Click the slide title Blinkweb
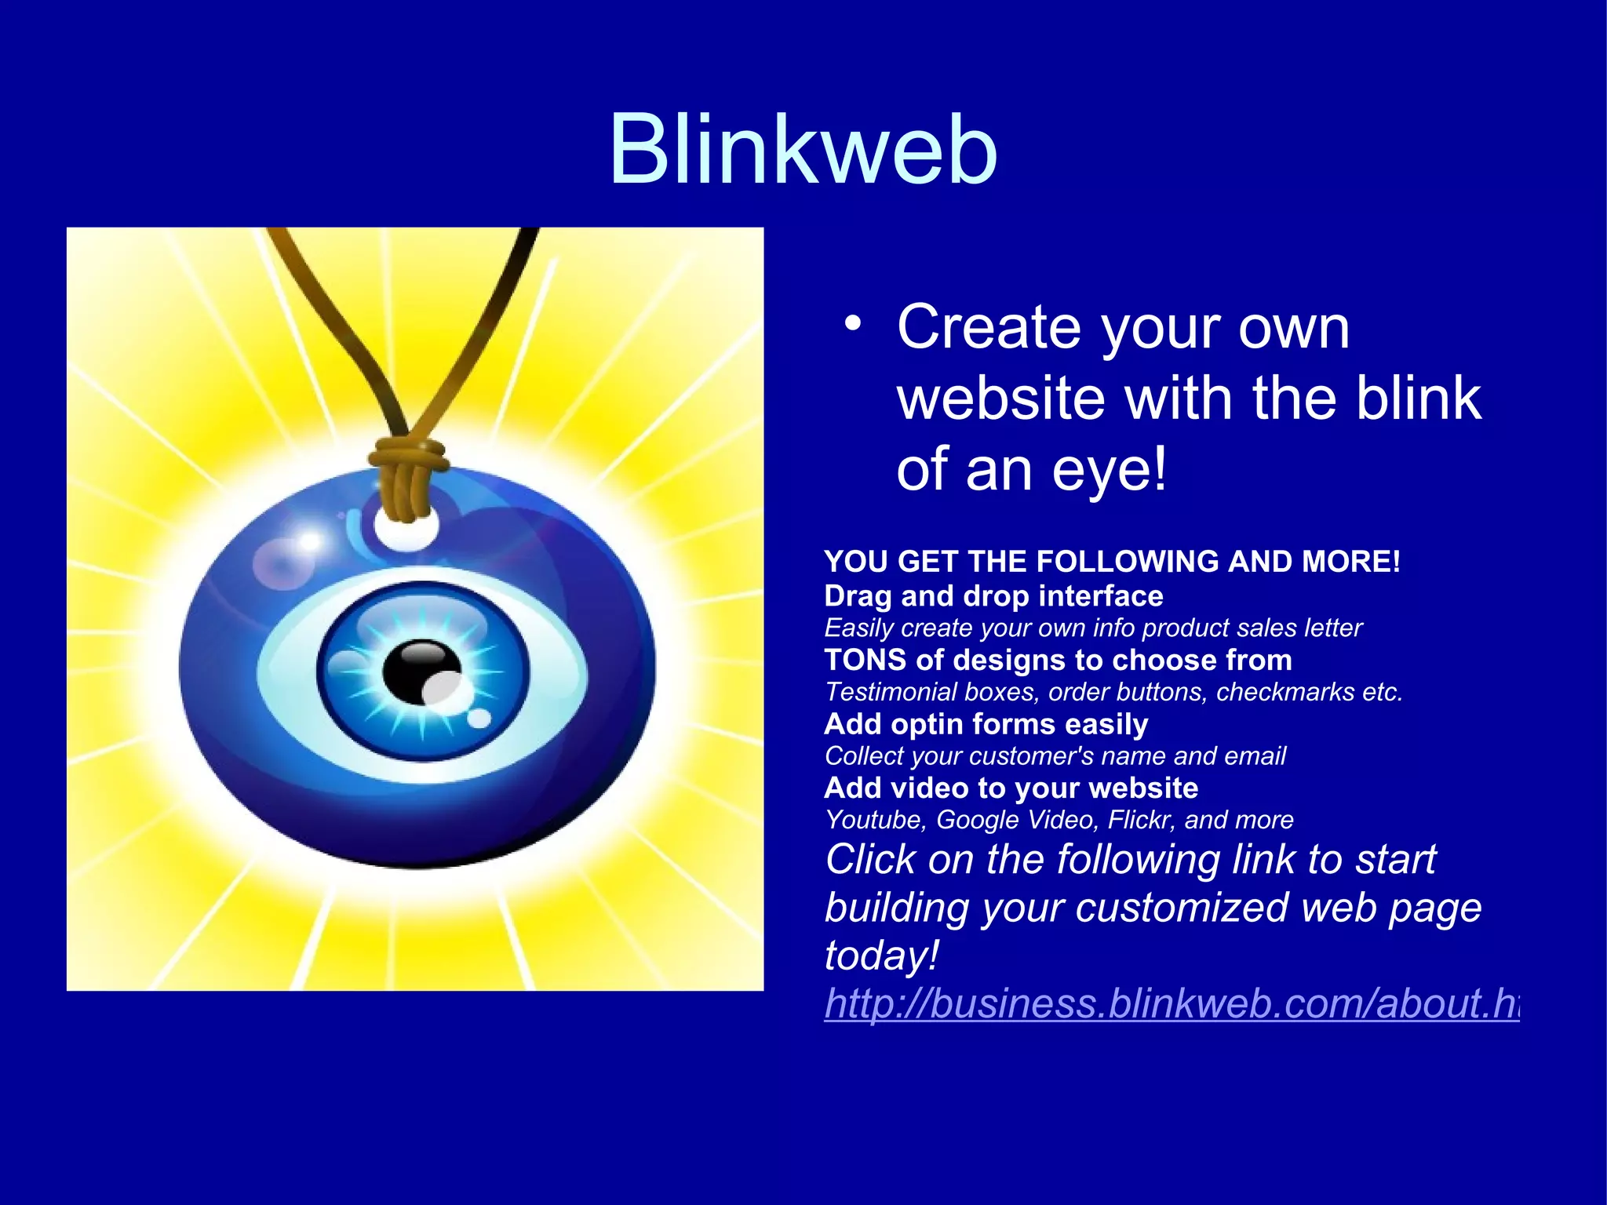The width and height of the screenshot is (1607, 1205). click(x=803, y=149)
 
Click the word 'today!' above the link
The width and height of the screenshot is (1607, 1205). click(x=881, y=956)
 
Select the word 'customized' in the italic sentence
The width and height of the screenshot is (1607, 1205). click(x=1182, y=908)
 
